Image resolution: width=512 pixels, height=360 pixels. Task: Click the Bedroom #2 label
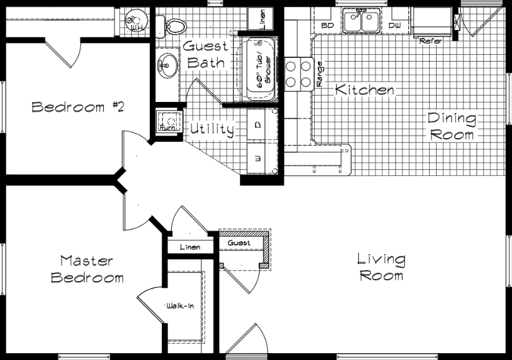[78, 107]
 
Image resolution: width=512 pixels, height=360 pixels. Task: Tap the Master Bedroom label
[87, 269]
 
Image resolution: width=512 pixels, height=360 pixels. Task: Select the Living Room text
[381, 267]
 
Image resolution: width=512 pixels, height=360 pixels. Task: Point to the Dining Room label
[451, 126]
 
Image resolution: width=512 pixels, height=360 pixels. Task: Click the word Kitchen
[365, 90]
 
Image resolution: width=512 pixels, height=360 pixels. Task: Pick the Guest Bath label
[206, 54]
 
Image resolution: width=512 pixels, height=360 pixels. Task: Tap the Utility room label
[212, 129]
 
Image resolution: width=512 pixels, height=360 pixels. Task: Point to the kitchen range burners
[299, 72]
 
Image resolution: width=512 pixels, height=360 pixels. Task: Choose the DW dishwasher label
[394, 25]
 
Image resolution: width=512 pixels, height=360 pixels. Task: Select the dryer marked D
[259, 124]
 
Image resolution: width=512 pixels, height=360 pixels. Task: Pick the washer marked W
[259, 157]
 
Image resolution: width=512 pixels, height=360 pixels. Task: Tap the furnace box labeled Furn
[167, 122]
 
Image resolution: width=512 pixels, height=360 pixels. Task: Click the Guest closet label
[239, 242]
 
